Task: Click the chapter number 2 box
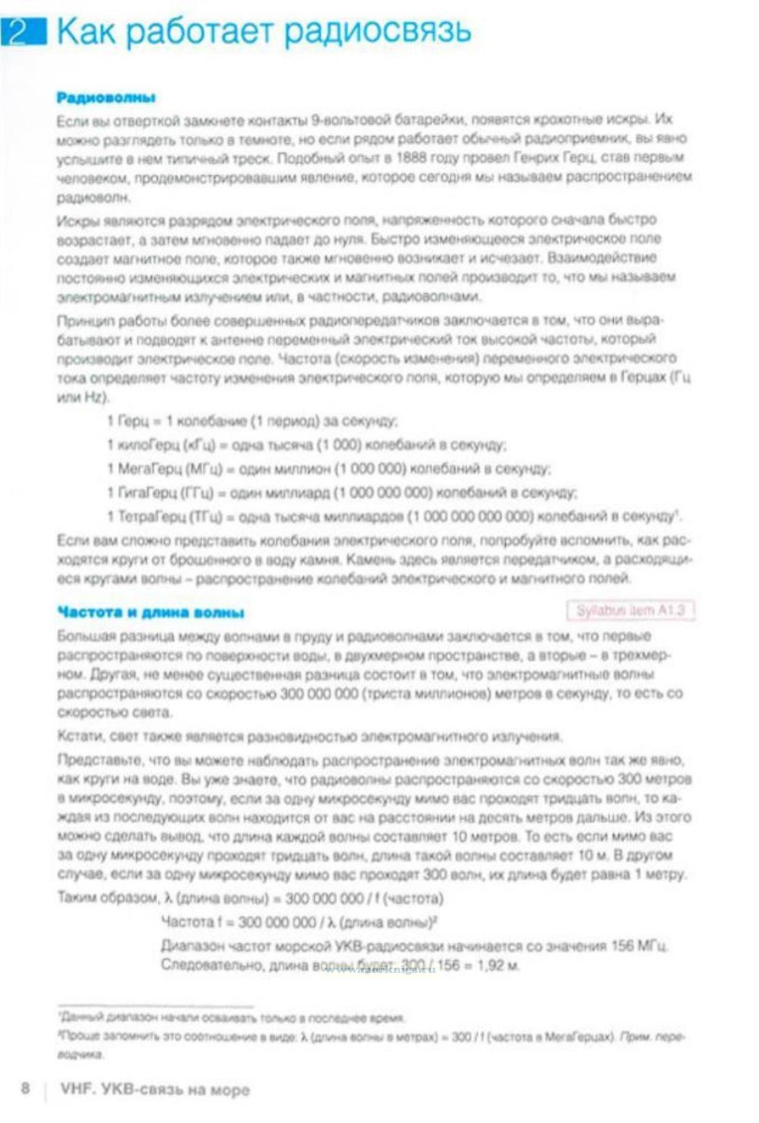click(x=23, y=31)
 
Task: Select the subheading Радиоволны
click(x=106, y=98)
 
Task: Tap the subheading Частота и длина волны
click(x=151, y=612)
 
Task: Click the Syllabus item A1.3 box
click(x=630, y=610)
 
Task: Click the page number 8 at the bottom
click(x=25, y=1087)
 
